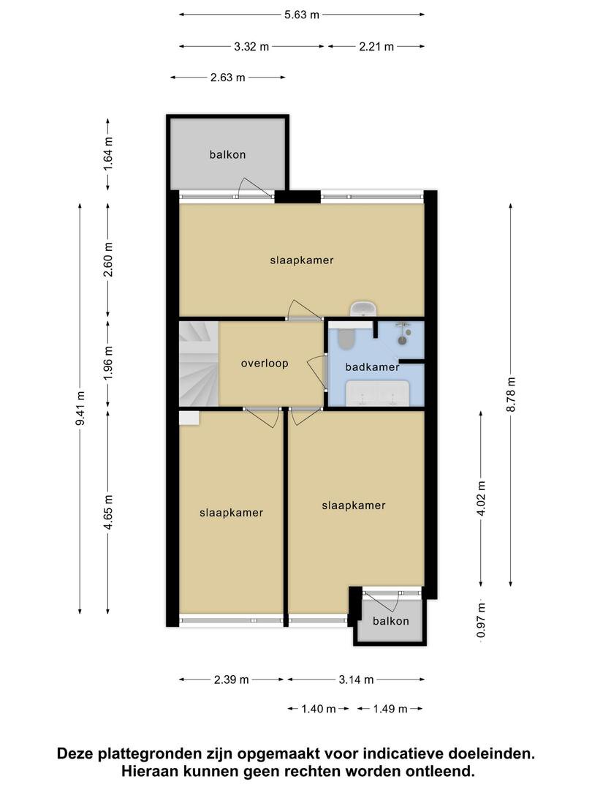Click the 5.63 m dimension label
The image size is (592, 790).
tap(302, 15)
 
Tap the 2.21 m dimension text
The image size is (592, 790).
tap(376, 47)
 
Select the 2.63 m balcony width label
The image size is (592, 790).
tap(227, 78)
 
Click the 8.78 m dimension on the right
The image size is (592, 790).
tap(510, 394)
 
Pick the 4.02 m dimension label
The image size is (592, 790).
tap(481, 498)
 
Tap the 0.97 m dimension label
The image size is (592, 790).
tap(481, 620)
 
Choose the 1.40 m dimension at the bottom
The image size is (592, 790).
tap(318, 710)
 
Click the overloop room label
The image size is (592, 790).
tap(265, 364)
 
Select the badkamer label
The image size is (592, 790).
tap(372, 366)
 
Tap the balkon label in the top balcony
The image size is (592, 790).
tap(227, 154)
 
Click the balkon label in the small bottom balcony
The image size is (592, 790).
tap(390, 621)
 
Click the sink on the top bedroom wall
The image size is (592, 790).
tap(363, 309)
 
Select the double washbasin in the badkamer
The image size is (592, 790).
tap(377, 393)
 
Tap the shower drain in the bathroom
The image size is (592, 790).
tap(402, 341)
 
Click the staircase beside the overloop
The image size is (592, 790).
tap(199, 364)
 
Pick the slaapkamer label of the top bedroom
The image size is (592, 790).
tap(302, 260)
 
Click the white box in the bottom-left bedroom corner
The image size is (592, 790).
tap(189, 418)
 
